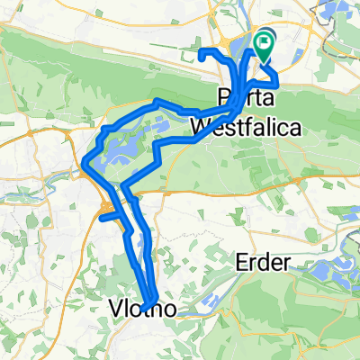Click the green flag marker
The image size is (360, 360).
[x=265, y=41]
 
